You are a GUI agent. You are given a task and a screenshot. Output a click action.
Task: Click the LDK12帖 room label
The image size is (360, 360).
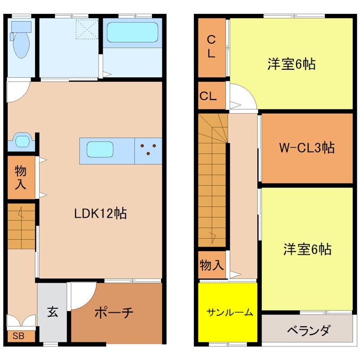(100, 213)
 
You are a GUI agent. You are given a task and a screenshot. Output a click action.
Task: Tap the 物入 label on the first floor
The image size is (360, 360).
(20, 177)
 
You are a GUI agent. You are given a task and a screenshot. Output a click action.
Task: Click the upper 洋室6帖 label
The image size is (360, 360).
(291, 64)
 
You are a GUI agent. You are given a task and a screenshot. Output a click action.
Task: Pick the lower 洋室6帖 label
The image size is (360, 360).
(307, 248)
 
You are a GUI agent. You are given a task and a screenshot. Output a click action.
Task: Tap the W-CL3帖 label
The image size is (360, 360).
(306, 147)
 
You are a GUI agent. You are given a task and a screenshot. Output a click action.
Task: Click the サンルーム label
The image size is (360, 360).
(229, 312)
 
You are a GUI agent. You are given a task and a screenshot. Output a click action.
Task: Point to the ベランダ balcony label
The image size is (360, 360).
(308, 331)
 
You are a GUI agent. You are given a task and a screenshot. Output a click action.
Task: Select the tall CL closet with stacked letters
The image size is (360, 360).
(211, 47)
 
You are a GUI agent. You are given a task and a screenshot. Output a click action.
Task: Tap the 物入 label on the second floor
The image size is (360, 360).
(211, 265)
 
